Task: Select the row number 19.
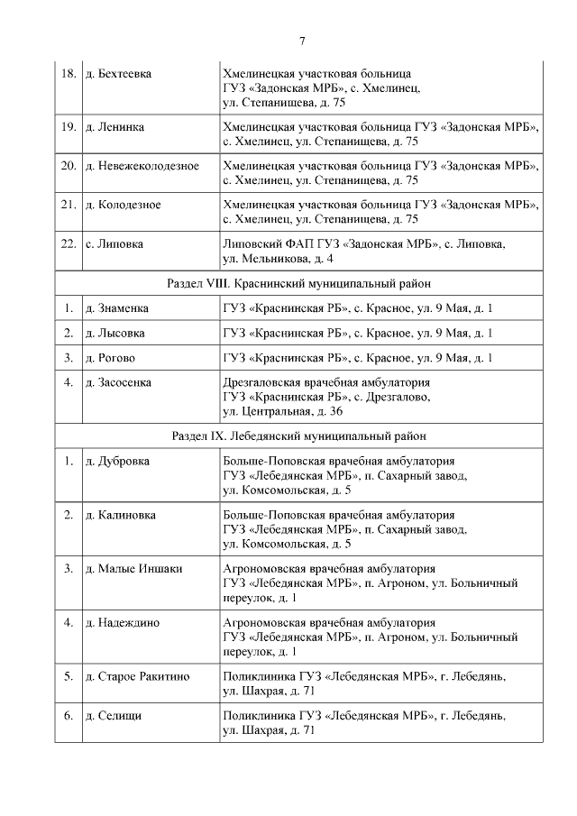(68, 127)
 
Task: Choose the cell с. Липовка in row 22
(114, 243)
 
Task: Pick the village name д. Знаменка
(117, 308)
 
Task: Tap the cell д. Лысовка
(115, 333)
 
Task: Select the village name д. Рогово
(112, 357)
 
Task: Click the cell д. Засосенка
(118, 382)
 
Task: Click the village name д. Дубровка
(117, 462)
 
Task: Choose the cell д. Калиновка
(120, 515)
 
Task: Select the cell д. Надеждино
(122, 622)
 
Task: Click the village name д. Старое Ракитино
(137, 676)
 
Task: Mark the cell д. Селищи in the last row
(114, 716)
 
